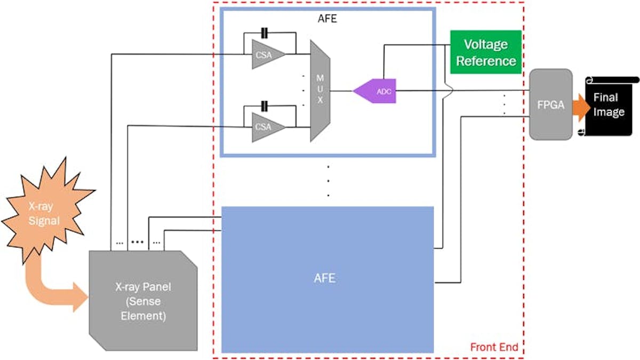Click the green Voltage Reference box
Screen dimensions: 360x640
(485, 52)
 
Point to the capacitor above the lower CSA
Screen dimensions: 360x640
(264, 105)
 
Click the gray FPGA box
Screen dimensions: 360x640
(550, 104)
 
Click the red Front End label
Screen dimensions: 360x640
(494, 347)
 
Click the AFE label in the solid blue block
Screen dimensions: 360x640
(325, 278)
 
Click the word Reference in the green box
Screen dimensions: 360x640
(486, 60)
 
